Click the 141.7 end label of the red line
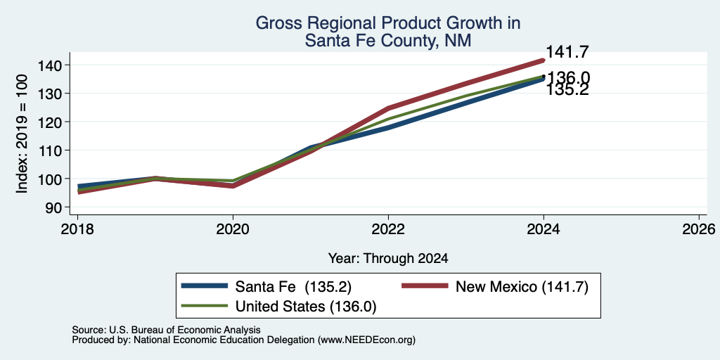pos(567,52)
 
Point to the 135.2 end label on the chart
pos(567,89)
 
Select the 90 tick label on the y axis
pos(53,207)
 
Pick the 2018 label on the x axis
pos(77,229)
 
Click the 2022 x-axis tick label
pos(388,229)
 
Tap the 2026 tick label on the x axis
pos(699,229)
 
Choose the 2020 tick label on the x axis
pos(233,229)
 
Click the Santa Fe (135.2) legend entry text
pos(293,287)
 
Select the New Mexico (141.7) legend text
pos(522,287)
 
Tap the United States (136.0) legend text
pos(306,307)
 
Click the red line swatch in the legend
pos(424,286)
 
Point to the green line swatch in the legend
pos(205,306)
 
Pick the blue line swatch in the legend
pos(205,286)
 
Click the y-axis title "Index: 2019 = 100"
pos(22,134)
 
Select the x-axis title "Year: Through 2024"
pos(388,259)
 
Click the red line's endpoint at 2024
pos(544,60)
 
